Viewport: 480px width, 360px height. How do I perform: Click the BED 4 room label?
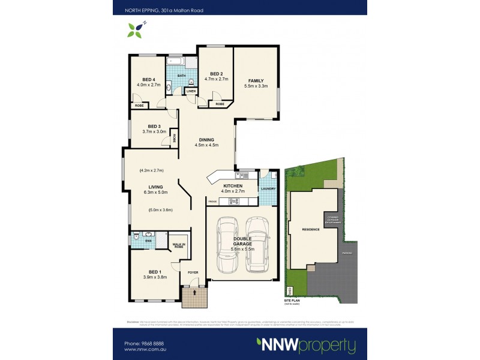(x=149, y=79)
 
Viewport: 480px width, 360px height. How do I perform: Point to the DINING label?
(x=206, y=139)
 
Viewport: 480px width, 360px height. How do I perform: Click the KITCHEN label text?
(x=232, y=186)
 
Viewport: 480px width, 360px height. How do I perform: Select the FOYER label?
(x=193, y=273)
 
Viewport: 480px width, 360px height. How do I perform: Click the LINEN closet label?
(x=191, y=91)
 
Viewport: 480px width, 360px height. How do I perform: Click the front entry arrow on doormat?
(x=194, y=293)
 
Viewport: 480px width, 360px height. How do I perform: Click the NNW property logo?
(x=306, y=345)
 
